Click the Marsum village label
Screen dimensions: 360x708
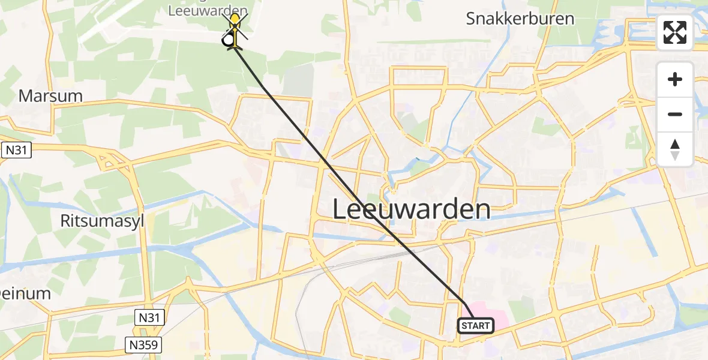(50, 95)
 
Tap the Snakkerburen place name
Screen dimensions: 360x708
(520, 18)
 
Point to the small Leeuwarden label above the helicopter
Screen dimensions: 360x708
(208, 10)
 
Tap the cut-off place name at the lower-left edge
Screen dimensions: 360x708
(25, 293)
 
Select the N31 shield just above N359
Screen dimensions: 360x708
(149, 318)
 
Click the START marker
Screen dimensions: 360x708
(476, 326)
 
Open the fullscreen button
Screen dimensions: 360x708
(675, 32)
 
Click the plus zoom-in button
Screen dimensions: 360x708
(675, 79)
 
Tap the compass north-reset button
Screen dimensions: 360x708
(675, 149)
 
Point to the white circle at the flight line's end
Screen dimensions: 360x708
(228, 41)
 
